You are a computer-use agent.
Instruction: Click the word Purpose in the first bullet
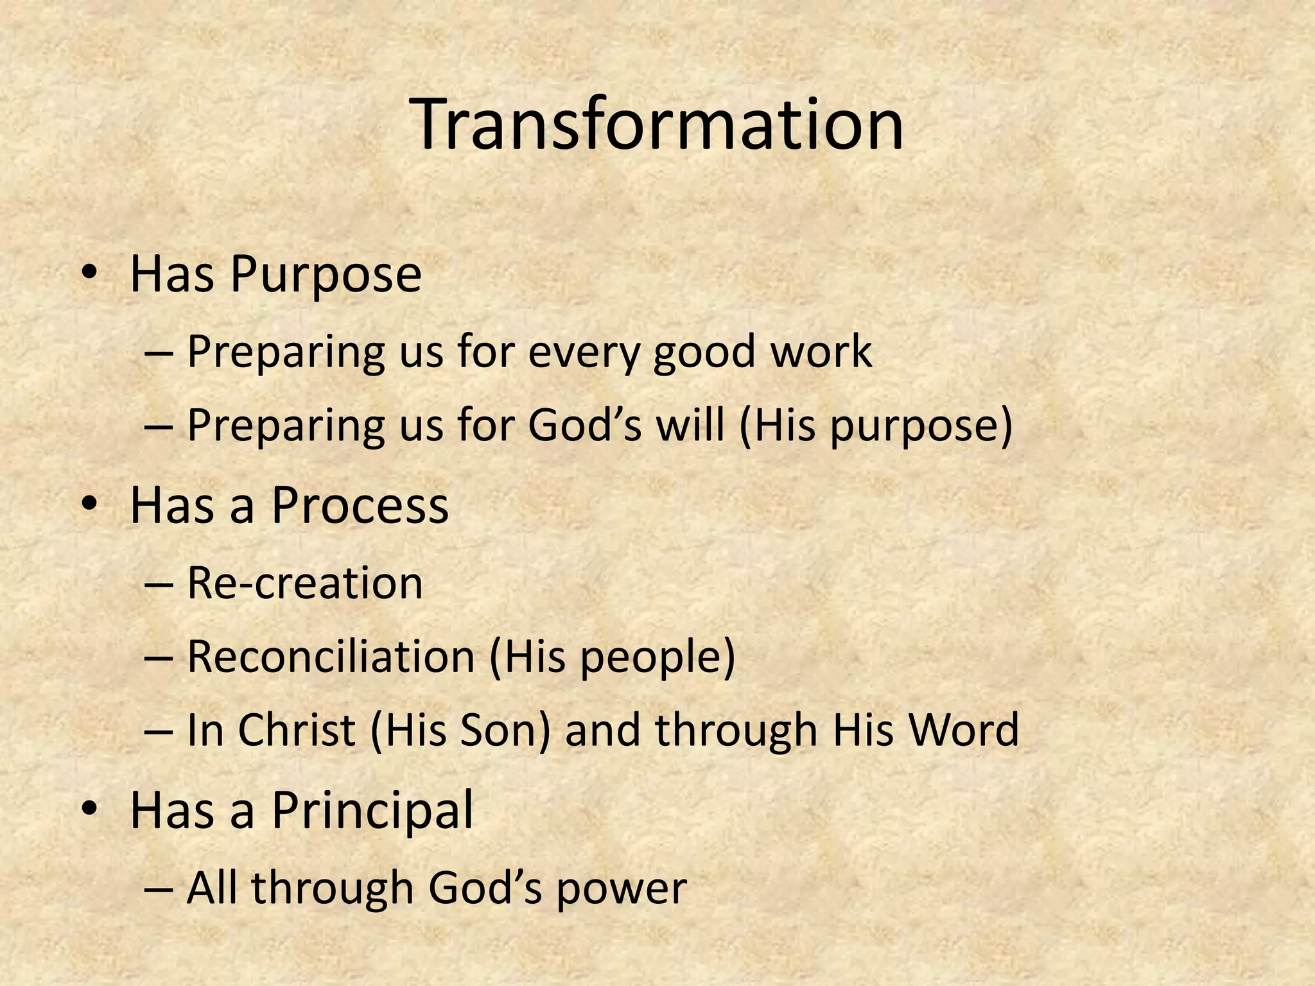coord(326,275)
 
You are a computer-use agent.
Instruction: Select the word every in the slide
coord(583,352)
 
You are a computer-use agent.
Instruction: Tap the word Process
coord(360,505)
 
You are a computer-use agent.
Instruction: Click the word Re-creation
coord(305,584)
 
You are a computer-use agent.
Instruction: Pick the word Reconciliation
coord(331,657)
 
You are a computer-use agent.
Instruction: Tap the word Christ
coord(297,731)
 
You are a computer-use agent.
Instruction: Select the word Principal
coord(372,810)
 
